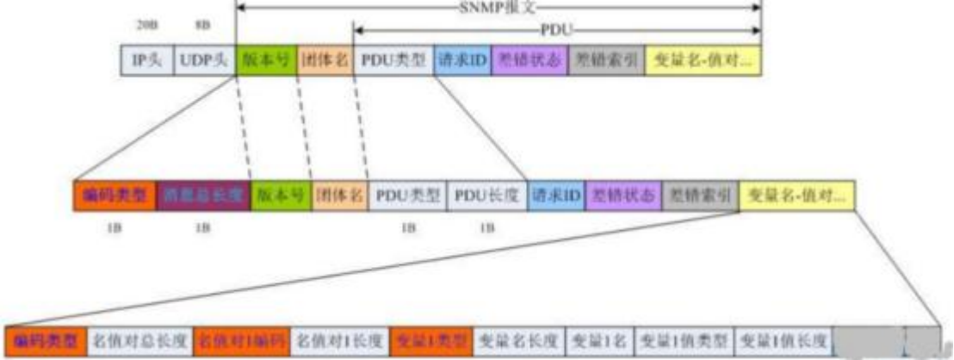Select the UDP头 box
(x=204, y=60)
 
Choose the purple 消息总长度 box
(x=204, y=196)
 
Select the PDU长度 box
(x=486, y=196)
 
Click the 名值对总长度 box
(x=140, y=338)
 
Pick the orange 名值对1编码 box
(x=242, y=338)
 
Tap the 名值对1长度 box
(x=340, y=338)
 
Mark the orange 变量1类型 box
(x=431, y=338)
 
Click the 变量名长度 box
(x=519, y=338)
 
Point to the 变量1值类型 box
(x=686, y=338)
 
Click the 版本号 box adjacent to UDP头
(x=265, y=60)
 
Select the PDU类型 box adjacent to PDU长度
(x=408, y=196)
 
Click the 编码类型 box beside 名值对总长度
(x=46, y=338)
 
